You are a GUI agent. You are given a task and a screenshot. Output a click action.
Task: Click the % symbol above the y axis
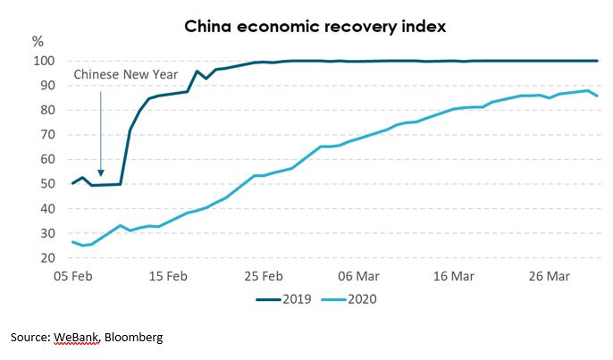click(38, 41)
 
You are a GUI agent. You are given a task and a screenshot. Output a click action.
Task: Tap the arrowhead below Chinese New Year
click(101, 172)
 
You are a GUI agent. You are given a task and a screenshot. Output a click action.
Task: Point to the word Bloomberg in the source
click(134, 339)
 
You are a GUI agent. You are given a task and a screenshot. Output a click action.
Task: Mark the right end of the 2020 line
click(597, 96)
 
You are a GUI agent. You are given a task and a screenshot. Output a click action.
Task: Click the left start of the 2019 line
click(73, 183)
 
